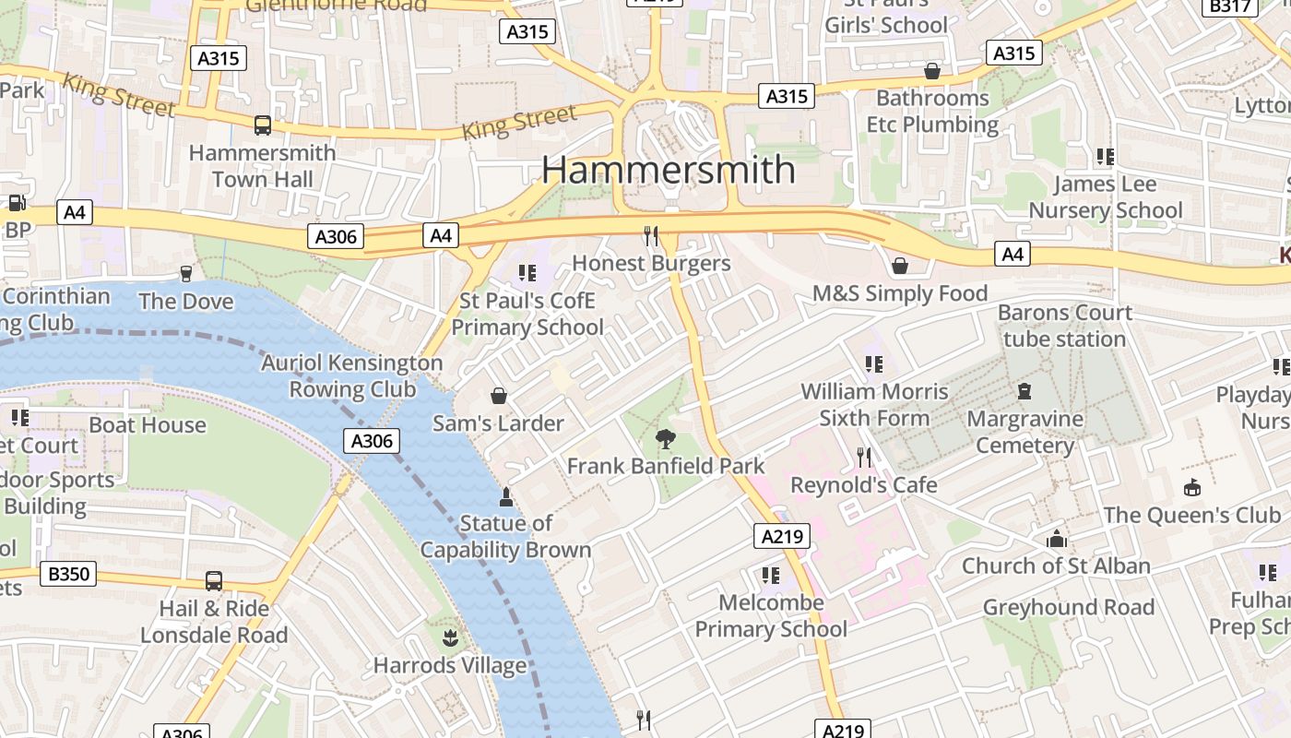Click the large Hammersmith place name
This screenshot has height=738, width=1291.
tap(668, 170)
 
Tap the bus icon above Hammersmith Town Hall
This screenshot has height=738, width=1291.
tap(263, 125)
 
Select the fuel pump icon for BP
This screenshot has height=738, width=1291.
tap(17, 203)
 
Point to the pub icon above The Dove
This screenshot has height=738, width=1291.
tap(186, 273)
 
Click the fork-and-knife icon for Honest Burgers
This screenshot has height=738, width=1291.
tap(651, 236)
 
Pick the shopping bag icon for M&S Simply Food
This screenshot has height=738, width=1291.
tap(899, 266)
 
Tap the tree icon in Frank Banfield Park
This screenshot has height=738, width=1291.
tap(664, 438)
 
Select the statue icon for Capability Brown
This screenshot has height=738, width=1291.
tap(505, 497)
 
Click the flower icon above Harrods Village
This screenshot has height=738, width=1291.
tap(449, 637)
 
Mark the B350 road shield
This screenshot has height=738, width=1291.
tap(69, 574)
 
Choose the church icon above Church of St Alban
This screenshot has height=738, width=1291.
tap(1056, 538)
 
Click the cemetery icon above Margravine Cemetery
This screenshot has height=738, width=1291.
tap(1024, 391)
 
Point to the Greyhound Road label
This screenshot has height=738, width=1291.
tap(1068, 607)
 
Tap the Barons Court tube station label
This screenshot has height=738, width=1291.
tap(1064, 326)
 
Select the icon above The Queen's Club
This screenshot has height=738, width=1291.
tap(1191, 487)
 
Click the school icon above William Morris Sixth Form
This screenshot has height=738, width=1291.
tap(873, 364)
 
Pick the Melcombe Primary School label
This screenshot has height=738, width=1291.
tap(771, 615)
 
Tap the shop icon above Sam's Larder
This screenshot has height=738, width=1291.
tap(498, 396)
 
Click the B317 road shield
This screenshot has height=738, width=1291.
tap(1230, 6)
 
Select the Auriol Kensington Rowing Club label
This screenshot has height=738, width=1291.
tap(352, 375)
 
